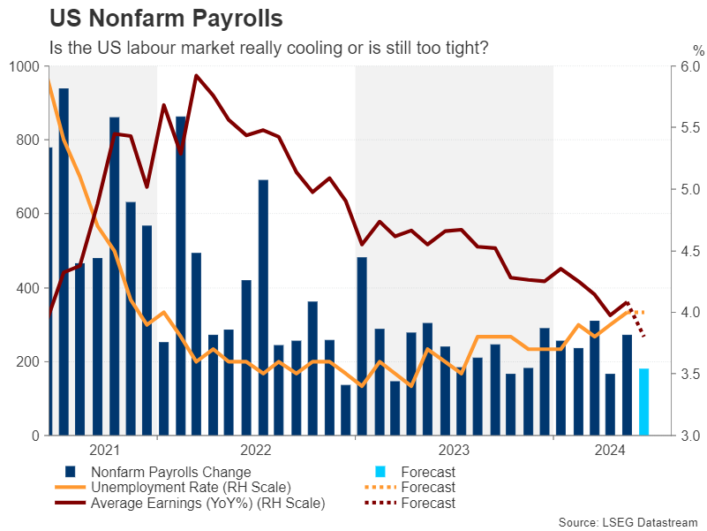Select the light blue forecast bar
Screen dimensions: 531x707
[x=643, y=402]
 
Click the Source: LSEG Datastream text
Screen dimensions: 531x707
[x=628, y=522]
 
